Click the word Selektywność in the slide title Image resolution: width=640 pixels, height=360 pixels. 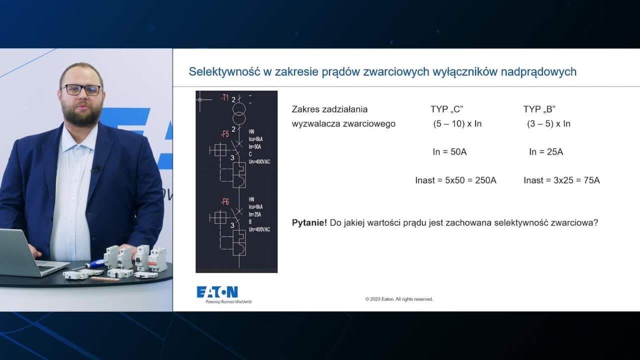click(223, 71)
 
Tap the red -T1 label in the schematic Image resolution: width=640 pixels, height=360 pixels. click(224, 97)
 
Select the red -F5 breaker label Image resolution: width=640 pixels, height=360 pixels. click(224, 134)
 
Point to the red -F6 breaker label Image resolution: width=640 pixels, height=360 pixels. click(224, 201)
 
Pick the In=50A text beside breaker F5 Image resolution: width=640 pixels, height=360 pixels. click(255, 146)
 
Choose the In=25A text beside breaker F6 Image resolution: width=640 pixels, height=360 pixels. click(255, 214)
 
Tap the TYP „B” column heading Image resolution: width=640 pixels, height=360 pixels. click(539, 109)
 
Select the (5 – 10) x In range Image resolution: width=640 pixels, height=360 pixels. click(457, 123)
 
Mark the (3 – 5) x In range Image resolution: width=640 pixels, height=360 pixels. click(548, 123)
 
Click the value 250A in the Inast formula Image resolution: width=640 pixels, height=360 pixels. click(485, 180)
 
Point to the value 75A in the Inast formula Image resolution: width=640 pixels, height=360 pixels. click(591, 180)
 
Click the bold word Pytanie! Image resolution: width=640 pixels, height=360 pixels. click(309, 222)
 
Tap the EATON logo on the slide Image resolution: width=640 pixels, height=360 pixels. click(217, 292)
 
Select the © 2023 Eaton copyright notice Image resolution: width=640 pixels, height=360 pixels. click(399, 299)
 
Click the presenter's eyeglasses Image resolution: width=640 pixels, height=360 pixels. click(81, 89)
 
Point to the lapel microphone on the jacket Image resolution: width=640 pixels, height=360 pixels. click(95, 169)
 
